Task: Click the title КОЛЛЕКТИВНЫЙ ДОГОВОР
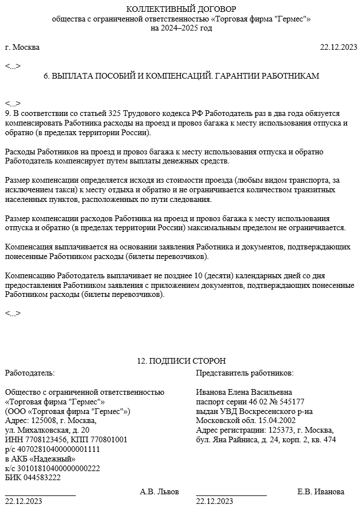(181, 9)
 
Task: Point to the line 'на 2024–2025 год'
(181, 28)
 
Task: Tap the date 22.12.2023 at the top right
(339, 47)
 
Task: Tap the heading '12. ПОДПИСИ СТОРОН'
(181, 361)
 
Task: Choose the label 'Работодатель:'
(30, 373)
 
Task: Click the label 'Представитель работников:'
(245, 373)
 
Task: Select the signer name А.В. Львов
(159, 491)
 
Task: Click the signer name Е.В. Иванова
(320, 491)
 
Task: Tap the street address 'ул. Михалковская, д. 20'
(47, 430)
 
